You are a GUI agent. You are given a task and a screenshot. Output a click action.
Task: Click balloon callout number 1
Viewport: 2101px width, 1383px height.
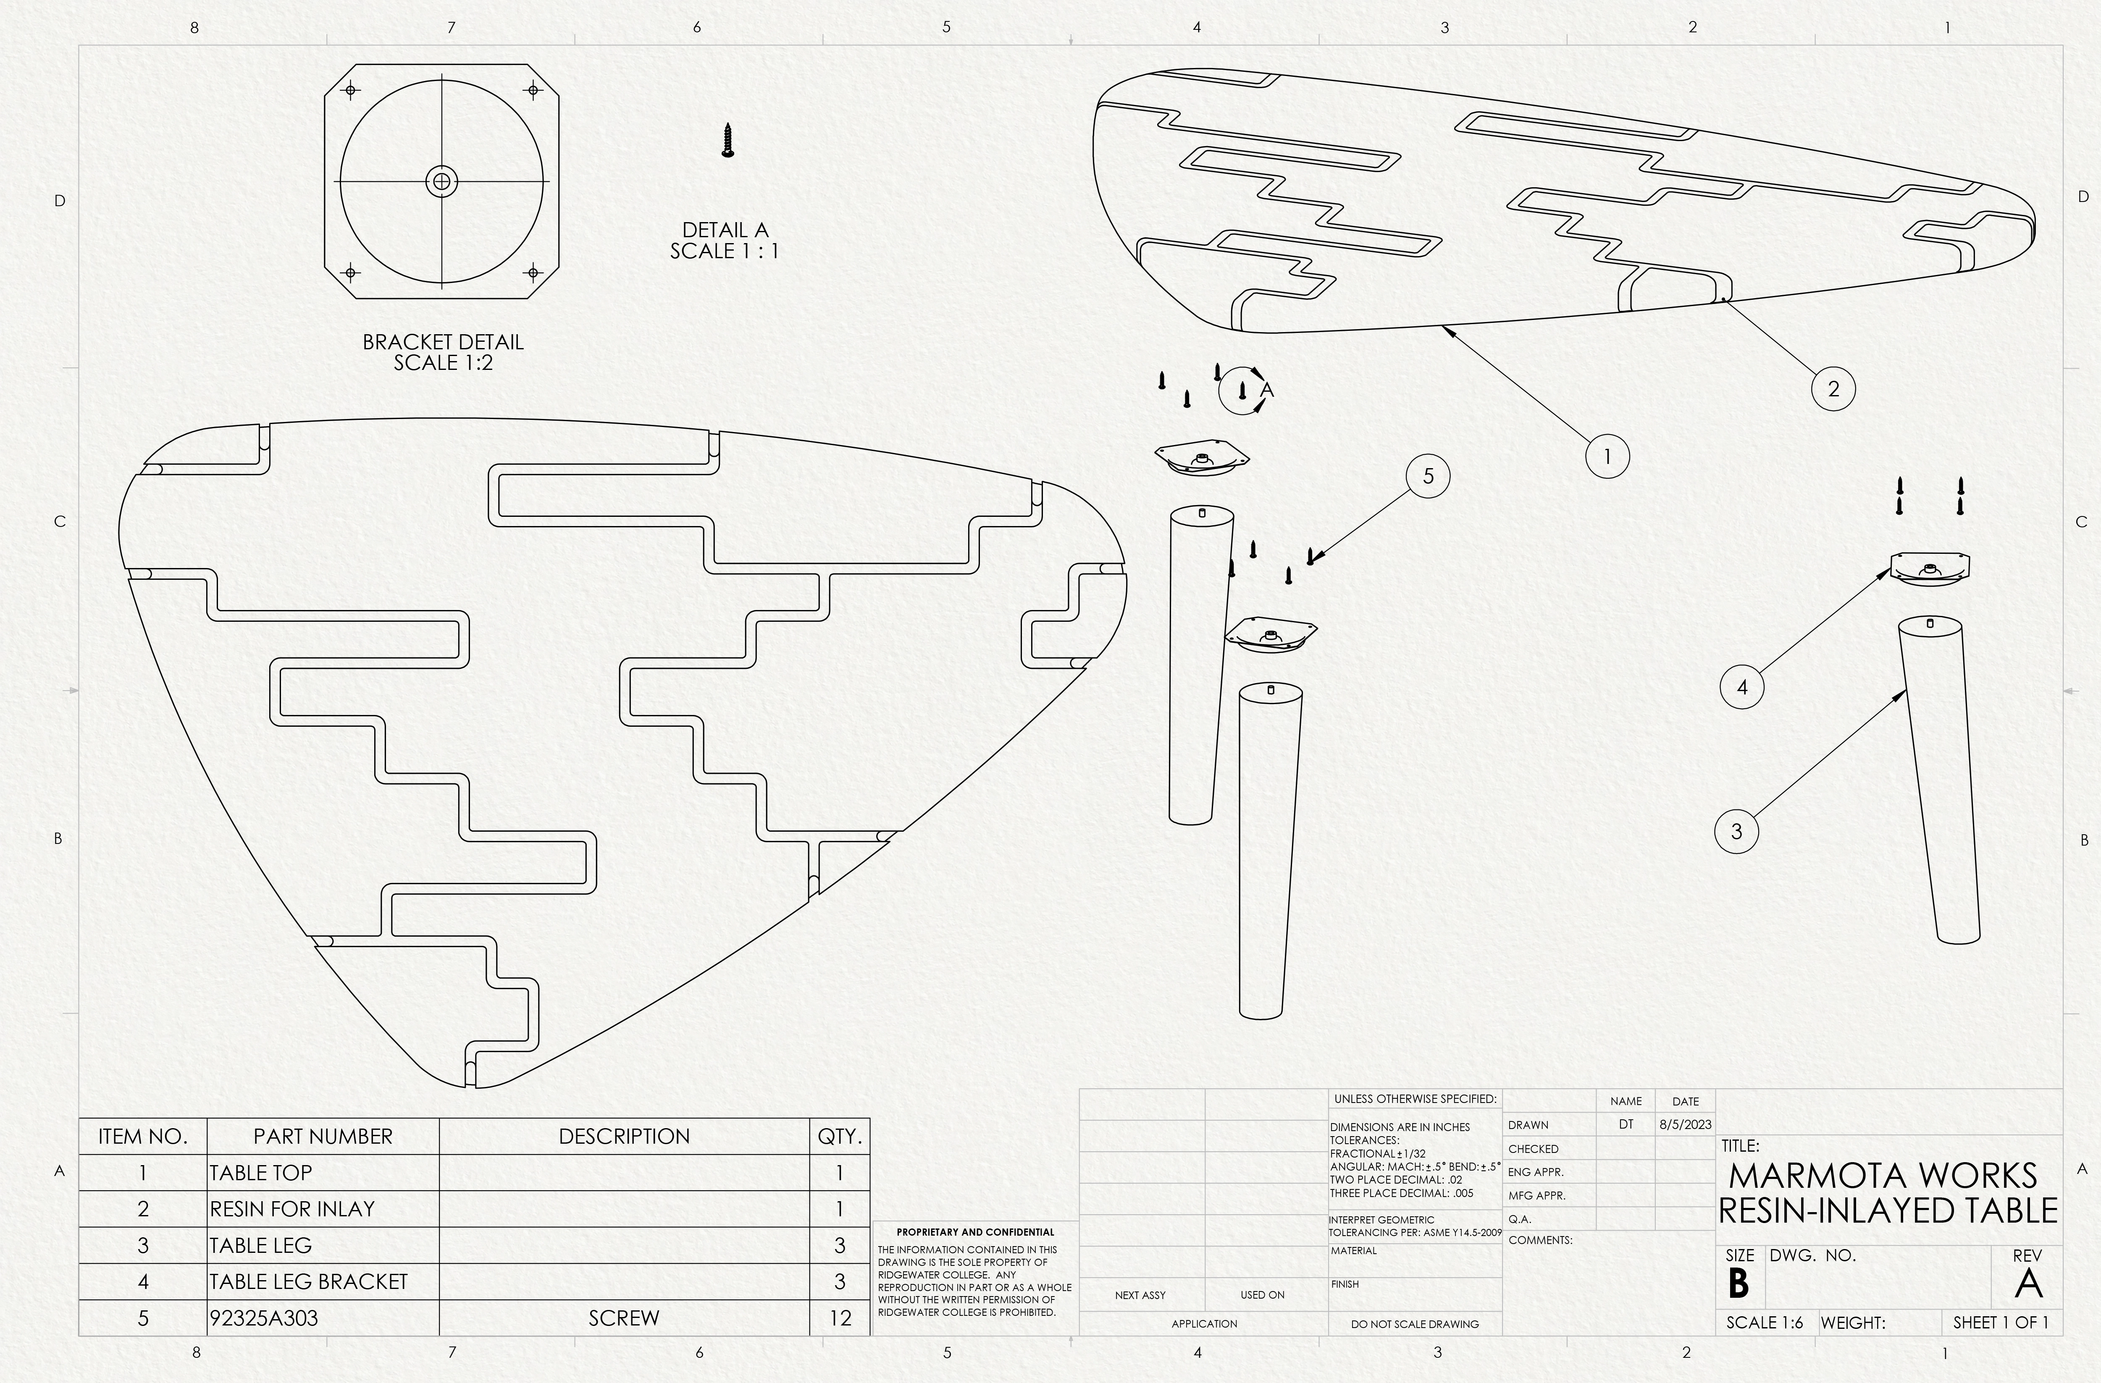[x=1607, y=456]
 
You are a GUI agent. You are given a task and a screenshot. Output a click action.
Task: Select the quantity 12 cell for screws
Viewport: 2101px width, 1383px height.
[x=840, y=1318]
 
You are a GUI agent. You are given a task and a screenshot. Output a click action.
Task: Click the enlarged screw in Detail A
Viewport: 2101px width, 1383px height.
[x=727, y=140]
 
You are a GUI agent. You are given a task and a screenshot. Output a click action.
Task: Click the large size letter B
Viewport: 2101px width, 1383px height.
[x=1738, y=1284]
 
